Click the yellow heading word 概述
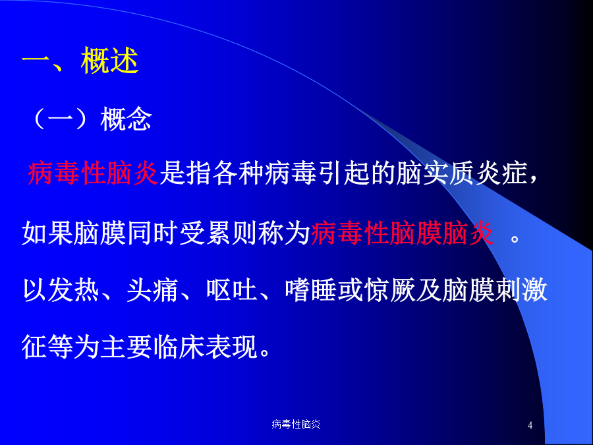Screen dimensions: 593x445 (109, 61)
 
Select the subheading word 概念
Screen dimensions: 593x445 (127, 119)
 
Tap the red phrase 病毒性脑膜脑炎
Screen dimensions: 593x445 (403, 232)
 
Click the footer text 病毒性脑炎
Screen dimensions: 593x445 (296, 424)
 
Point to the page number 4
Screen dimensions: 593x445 (530, 425)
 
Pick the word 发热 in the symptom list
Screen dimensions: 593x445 (74, 290)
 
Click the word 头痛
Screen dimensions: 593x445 (152, 290)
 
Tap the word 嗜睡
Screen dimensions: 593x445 (311, 290)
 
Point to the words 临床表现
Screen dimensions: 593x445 (206, 347)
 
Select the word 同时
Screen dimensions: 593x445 (153, 232)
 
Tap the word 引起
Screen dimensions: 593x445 (343, 173)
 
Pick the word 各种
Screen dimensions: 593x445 (239, 173)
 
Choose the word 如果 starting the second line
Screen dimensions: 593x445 (47, 232)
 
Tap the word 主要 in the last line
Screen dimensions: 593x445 (127, 347)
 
